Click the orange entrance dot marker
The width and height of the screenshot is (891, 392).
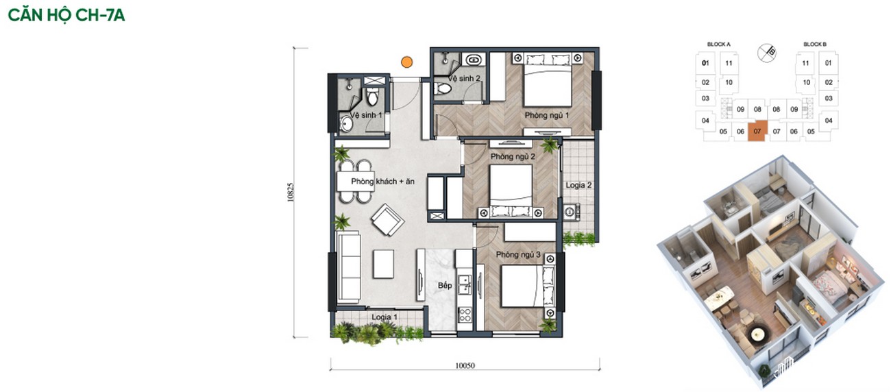tap(406, 62)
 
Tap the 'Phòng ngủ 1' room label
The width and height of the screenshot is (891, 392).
tap(546, 115)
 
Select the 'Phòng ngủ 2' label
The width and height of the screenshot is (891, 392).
tap(513, 157)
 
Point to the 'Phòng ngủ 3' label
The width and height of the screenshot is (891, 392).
tap(518, 254)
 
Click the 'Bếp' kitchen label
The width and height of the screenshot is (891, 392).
tap(445, 285)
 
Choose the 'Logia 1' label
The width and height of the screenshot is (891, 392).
tap(385, 317)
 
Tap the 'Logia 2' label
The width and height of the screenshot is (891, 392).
tap(578, 185)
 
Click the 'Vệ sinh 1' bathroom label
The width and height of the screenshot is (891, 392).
tap(366, 115)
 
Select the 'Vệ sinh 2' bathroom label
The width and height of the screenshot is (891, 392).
tap(464, 78)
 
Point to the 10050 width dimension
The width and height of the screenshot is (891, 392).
tap(465, 365)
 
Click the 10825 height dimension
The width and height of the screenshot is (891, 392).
tap(291, 193)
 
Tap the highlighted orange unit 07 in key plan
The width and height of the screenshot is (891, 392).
tap(757, 131)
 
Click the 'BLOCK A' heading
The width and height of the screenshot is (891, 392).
tap(719, 44)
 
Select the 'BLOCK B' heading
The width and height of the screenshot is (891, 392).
tap(815, 44)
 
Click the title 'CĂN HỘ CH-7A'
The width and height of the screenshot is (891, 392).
tap(66, 15)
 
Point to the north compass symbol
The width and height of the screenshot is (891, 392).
tap(767, 53)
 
